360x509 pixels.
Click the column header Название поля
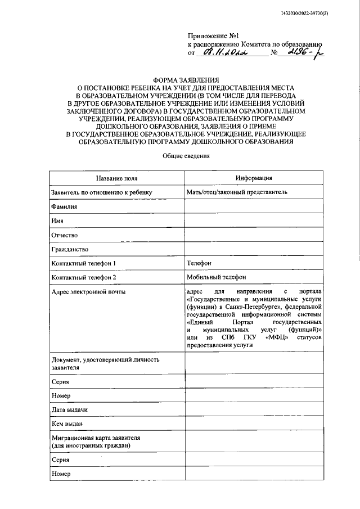coord(116,178)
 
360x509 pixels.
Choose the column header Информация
coord(254,178)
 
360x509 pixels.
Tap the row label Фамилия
coord(64,206)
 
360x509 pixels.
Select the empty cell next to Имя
coord(254,220)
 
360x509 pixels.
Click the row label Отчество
coord(64,235)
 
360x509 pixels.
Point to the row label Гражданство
coord(70,249)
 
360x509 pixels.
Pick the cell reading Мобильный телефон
coord(216,277)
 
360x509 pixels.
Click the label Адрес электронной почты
coord(89,291)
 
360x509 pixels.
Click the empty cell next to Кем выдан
coord(254,423)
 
